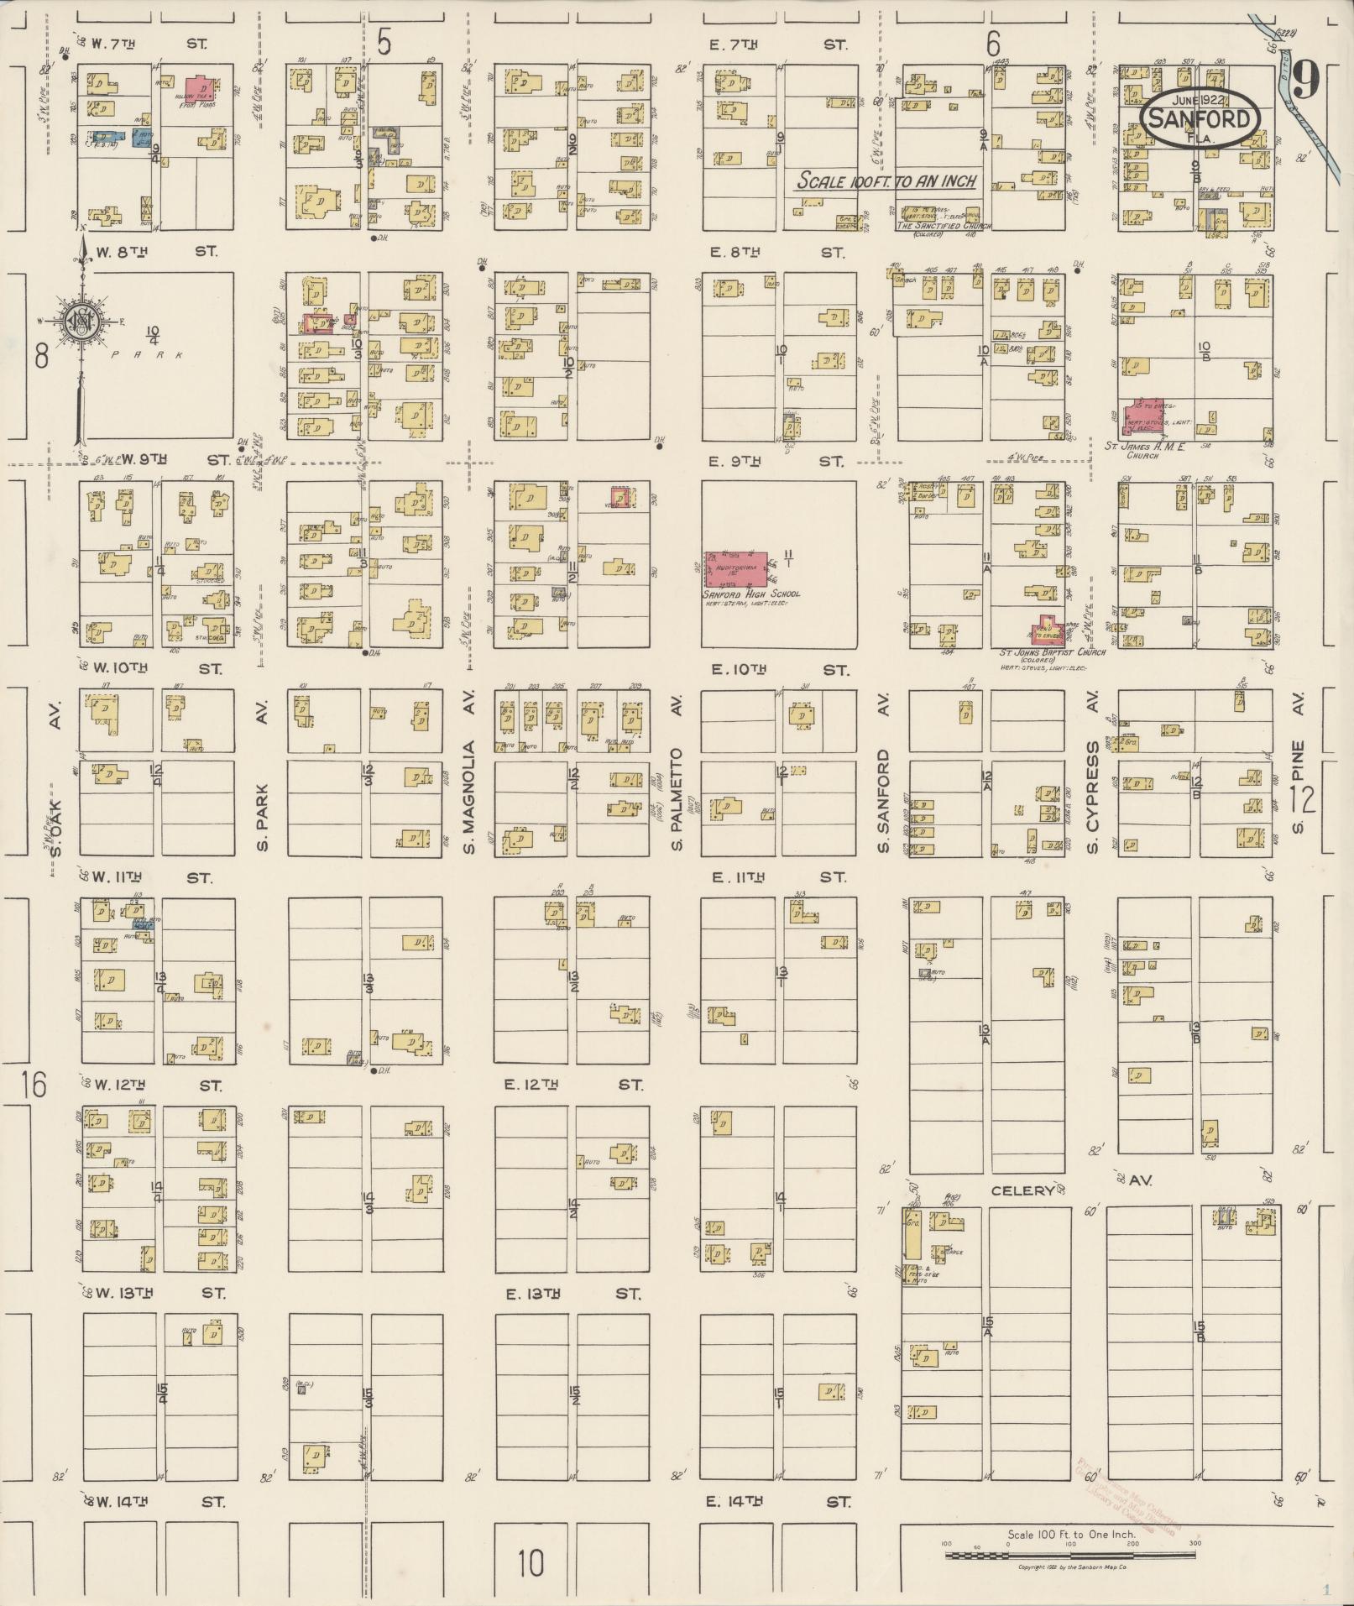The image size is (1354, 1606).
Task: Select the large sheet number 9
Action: pyautogui.click(x=1305, y=80)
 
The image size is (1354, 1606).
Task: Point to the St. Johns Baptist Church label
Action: pyautogui.click(x=1052, y=652)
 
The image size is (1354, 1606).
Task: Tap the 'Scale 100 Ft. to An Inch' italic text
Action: pyautogui.click(x=886, y=180)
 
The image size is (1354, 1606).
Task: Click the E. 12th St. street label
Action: pyautogui.click(x=572, y=1085)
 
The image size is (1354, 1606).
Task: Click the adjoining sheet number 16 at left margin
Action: pyautogui.click(x=34, y=1085)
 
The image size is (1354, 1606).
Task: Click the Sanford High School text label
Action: pyautogui.click(x=751, y=594)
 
